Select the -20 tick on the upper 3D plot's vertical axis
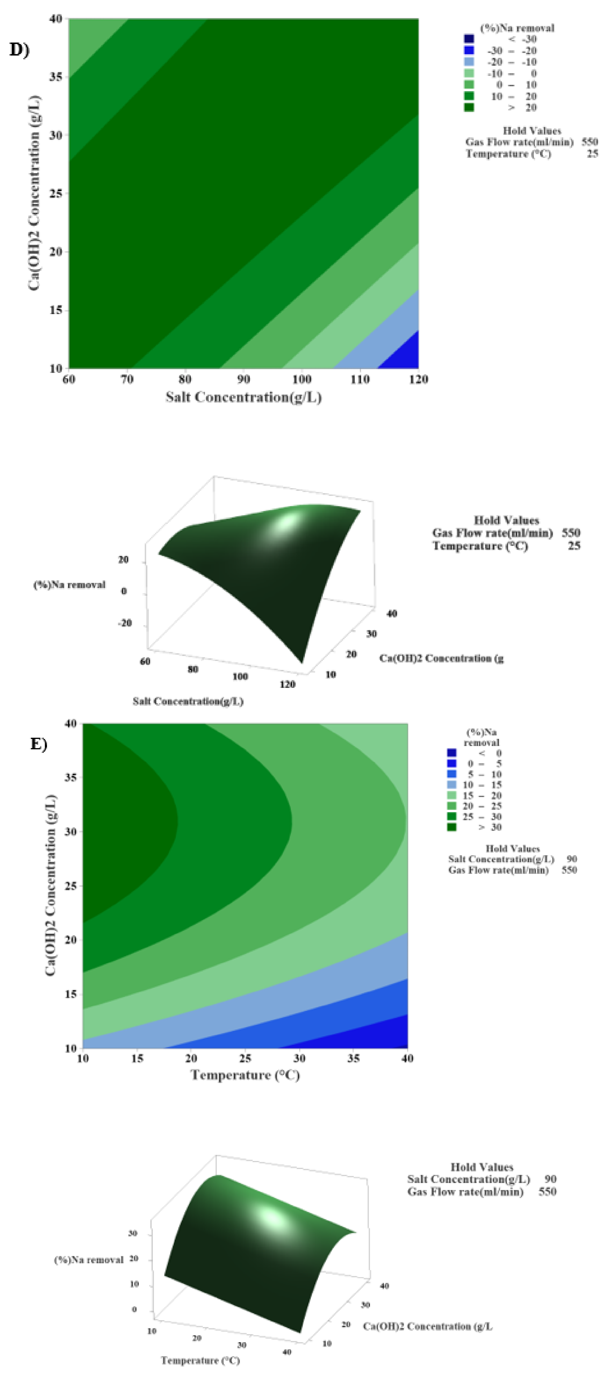tap(125, 623)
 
